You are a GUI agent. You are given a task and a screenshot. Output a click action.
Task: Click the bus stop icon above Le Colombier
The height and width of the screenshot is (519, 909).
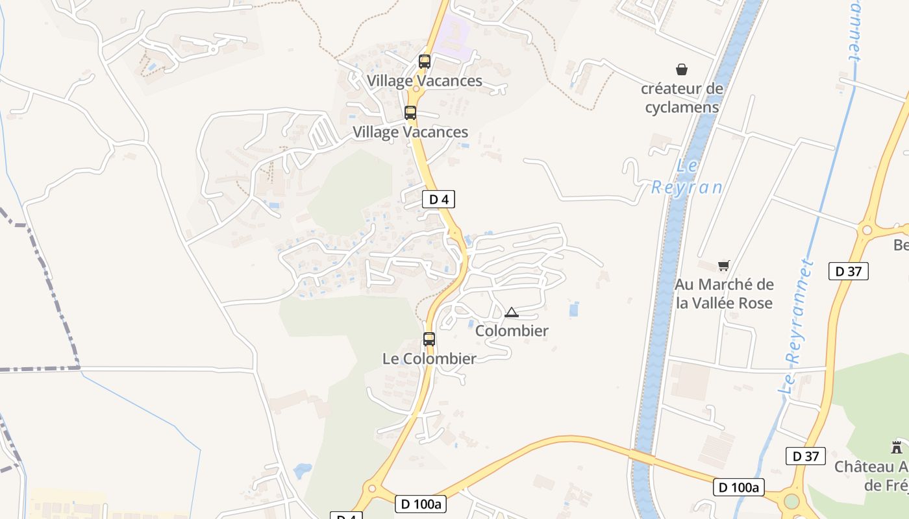[x=429, y=339]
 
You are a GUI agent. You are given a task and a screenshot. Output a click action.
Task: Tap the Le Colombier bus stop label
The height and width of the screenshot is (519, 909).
[x=429, y=358]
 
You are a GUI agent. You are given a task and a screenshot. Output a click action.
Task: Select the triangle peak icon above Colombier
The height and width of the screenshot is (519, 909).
[x=512, y=313]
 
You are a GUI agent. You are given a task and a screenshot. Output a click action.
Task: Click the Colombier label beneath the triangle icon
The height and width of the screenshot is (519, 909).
[x=512, y=331]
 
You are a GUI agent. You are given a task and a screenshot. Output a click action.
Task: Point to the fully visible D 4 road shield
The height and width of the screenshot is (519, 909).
[x=439, y=199]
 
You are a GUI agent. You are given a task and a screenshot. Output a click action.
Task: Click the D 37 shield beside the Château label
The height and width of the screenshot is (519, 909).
[x=805, y=456]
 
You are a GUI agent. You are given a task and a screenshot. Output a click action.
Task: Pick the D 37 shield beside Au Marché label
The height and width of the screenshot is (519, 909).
[x=849, y=271]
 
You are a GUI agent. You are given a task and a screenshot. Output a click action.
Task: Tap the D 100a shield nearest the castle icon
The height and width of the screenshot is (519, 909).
[x=739, y=487]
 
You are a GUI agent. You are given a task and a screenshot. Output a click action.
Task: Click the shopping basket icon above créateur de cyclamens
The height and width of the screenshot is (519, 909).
[x=682, y=69]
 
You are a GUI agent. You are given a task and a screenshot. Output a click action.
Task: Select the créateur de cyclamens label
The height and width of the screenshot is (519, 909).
[x=682, y=98]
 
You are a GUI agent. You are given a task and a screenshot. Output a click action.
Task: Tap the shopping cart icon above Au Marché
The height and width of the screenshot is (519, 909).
[x=723, y=265]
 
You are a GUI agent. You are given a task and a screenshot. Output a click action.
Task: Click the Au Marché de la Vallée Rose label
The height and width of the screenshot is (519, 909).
[x=724, y=294]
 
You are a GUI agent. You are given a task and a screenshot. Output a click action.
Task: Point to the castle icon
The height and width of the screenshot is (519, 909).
[x=897, y=447]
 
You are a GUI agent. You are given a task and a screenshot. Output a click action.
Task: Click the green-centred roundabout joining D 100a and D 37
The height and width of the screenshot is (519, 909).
[x=791, y=501]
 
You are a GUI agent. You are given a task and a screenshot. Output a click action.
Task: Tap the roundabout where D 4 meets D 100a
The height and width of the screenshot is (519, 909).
[x=371, y=489]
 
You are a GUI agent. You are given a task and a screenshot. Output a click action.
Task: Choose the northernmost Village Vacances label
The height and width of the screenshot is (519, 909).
[x=425, y=81]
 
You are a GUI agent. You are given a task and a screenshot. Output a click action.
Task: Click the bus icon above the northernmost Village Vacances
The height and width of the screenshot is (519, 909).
[x=425, y=62]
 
